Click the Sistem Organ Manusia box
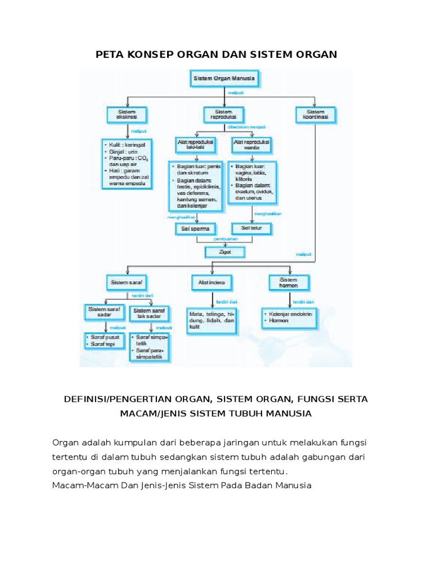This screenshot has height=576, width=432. pos(225,79)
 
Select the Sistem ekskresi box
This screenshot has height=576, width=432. pos(127,115)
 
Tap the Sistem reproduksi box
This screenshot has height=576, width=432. pos(223,115)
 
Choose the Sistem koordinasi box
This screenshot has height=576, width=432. pos(315,115)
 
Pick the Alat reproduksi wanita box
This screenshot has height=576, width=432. pos(251,146)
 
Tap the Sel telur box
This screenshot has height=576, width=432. pos(251,229)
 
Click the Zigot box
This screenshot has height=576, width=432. pos(226,252)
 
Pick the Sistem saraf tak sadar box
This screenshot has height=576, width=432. pos(149,312)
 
